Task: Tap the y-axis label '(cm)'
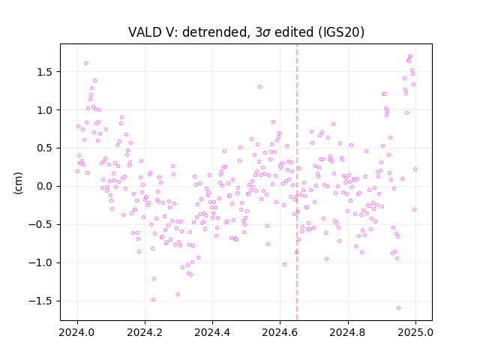pos(18,183)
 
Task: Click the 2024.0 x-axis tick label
pos(77,332)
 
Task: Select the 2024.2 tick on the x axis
pos(145,332)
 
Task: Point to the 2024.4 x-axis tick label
pos(212,332)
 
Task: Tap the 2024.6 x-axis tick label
pos(280,332)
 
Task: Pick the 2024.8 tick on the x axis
pos(348,332)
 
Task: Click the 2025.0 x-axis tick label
pos(415,332)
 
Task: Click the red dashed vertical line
pos(297,182)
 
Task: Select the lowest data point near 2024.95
pos(398,308)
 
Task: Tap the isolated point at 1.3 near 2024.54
pos(260,87)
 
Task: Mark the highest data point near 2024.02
pos(86,63)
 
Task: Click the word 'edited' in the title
pos(294,32)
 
